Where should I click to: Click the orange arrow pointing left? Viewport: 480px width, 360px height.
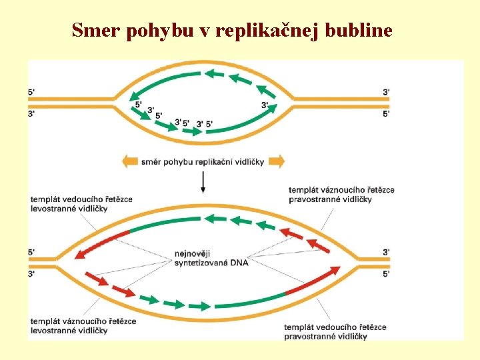click(x=131, y=161)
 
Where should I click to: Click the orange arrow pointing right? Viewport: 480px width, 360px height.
click(x=277, y=161)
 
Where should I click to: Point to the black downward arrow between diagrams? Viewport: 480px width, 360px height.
click(x=203, y=181)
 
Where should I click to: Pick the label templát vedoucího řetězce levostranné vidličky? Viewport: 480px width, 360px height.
click(x=81, y=203)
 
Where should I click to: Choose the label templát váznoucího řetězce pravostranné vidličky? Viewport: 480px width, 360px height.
click(x=341, y=194)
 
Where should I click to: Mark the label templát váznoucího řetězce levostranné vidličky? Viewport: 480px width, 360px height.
click(x=83, y=325)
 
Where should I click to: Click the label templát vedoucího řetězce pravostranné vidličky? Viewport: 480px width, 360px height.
click(x=335, y=331)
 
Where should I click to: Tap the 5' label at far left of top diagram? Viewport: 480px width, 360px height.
click(x=32, y=92)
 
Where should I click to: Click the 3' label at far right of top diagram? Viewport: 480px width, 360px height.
click(x=387, y=92)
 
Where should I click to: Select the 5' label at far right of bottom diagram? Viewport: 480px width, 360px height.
click(x=387, y=273)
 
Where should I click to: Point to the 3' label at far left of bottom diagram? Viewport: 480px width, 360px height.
click(x=32, y=273)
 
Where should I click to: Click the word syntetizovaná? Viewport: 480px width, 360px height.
click(x=200, y=263)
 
